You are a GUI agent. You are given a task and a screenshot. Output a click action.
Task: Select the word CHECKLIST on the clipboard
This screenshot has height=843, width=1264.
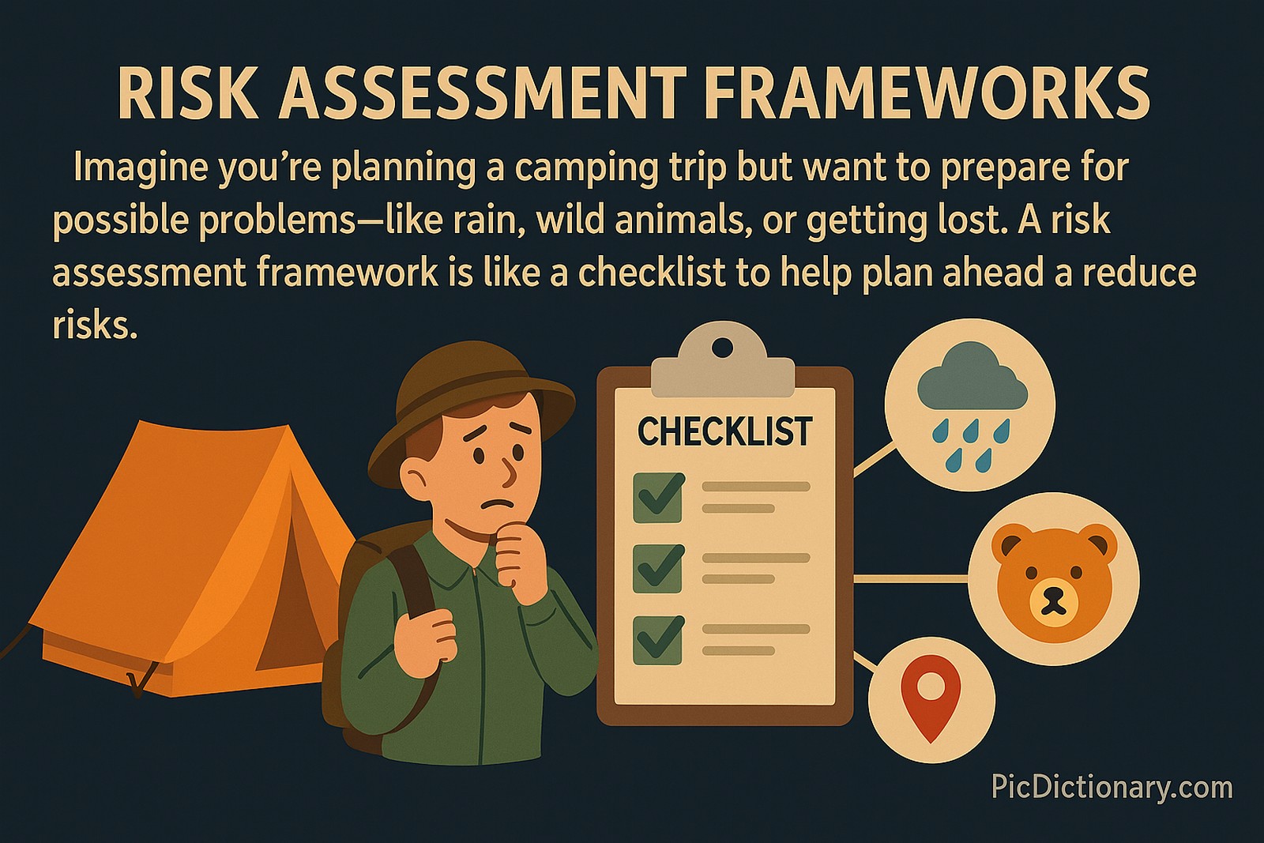[x=724, y=432]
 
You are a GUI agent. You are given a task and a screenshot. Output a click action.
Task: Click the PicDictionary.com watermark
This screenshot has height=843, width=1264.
[x=1112, y=788]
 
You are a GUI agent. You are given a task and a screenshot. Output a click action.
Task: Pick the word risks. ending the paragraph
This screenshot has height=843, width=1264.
[x=95, y=325]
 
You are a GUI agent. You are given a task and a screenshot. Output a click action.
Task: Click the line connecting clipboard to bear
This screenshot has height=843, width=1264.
[x=911, y=578]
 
